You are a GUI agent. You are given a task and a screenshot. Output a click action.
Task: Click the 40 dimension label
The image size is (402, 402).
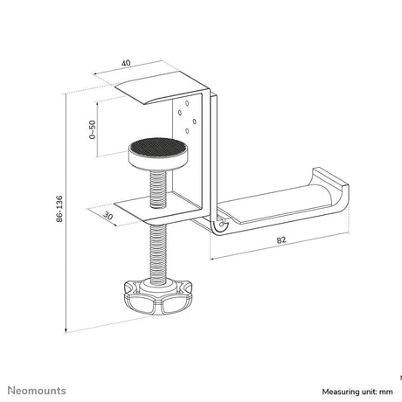point(126,63)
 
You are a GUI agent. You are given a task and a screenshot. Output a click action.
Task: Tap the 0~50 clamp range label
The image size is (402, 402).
point(92,129)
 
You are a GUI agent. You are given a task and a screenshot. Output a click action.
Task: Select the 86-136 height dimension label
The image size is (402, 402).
point(59,209)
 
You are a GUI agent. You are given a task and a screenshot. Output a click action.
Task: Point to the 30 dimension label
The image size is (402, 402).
point(107,216)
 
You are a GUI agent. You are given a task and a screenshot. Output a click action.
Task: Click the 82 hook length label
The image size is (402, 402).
point(281,240)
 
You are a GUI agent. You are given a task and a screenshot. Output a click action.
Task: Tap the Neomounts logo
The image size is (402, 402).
point(37,391)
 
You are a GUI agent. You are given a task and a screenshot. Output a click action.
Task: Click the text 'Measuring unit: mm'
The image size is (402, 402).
point(357,392)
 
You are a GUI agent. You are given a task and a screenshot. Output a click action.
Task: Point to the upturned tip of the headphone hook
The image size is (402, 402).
point(330,177)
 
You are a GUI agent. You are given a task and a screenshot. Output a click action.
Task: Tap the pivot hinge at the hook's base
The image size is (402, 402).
point(220,225)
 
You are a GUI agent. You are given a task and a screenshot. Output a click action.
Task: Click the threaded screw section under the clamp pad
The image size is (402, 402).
point(158,189)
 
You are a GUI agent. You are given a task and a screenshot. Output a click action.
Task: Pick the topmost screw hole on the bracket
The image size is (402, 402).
point(187,103)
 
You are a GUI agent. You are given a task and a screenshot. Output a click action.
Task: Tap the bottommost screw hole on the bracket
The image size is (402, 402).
point(187,131)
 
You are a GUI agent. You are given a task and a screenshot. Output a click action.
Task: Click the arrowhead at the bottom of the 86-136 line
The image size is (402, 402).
point(66,330)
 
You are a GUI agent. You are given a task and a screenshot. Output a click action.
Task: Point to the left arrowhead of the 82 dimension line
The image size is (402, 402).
point(212,258)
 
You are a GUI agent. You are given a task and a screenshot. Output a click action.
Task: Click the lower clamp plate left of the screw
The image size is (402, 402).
point(132,208)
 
